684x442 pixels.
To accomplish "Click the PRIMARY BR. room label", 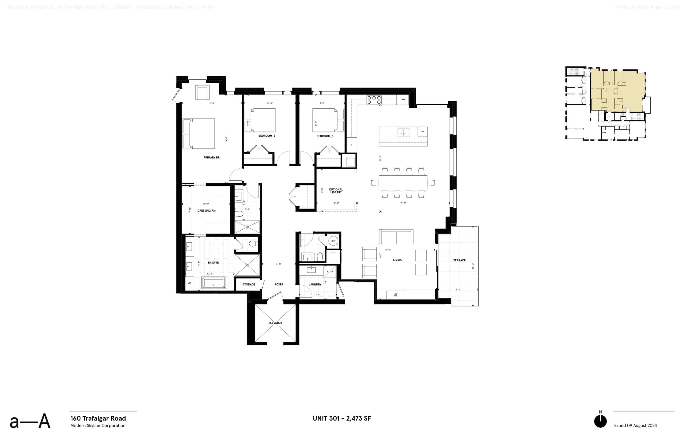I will pyautogui.click(x=212, y=157).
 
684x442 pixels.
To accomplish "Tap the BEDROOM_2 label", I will pyautogui.click(x=266, y=136).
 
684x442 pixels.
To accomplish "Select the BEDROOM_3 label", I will pyautogui.click(x=325, y=136).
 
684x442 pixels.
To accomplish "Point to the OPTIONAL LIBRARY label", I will pyautogui.click(x=336, y=191).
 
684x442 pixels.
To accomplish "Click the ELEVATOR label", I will pyautogui.click(x=275, y=323).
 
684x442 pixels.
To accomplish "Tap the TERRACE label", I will pyautogui.click(x=459, y=260).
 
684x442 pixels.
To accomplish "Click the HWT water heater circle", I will pyautogui.click(x=333, y=241).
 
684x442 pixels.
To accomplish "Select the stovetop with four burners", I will pyautogui.click(x=374, y=100).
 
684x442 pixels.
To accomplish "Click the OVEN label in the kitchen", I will pyautogui.click(x=403, y=99).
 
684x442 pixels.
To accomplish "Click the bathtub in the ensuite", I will pyautogui.click(x=213, y=283).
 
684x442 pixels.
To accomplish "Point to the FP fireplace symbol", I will pyautogui.click(x=396, y=295).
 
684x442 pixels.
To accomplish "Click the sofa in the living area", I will pyautogui.click(x=396, y=237).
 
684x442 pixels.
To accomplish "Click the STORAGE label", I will pyautogui.click(x=249, y=285).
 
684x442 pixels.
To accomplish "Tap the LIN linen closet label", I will pyautogui.click(x=189, y=283).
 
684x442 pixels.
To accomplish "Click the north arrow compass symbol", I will pyautogui.click(x=600, y=421).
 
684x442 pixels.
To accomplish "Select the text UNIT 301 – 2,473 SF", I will pyautogui.click(x=341, y=419).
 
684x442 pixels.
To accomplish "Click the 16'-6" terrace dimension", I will pyautogui.click(x=473, y=266).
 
